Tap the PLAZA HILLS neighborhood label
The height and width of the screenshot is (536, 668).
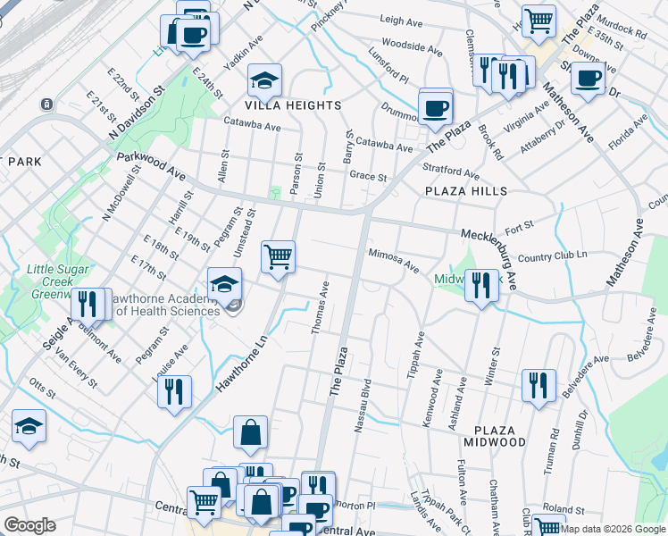click(x=465, y=191)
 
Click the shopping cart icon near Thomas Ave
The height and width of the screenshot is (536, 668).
click(x=278, y=256)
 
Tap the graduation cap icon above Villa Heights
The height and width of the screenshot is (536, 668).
click(x=264, y=81)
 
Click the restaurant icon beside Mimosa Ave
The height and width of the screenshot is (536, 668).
click(x=481, y=285)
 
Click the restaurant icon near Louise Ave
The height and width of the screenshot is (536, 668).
click(x=174, y=390)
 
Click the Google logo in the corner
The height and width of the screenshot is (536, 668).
click(x=29, y=525)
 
